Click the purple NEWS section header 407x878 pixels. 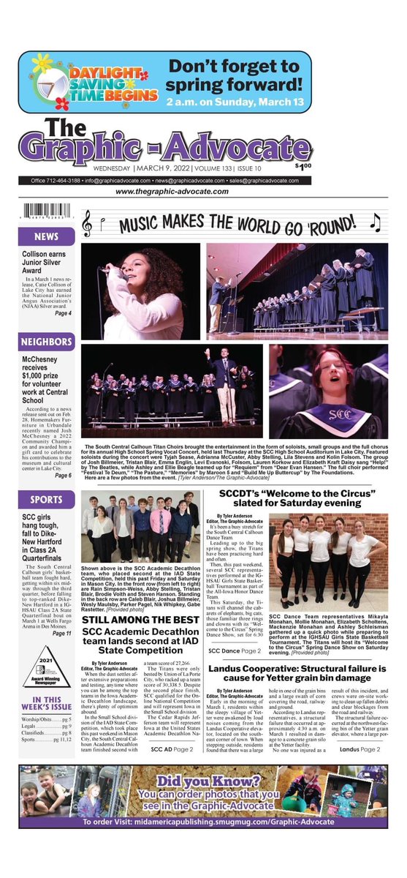[x=45, y=237]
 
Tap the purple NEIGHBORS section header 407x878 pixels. [x=45, y=342]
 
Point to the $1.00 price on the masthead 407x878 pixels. [x=379, y=165]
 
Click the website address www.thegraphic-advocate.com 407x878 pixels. [x=203, y=192]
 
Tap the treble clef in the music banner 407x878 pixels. [x=88, y=222]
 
